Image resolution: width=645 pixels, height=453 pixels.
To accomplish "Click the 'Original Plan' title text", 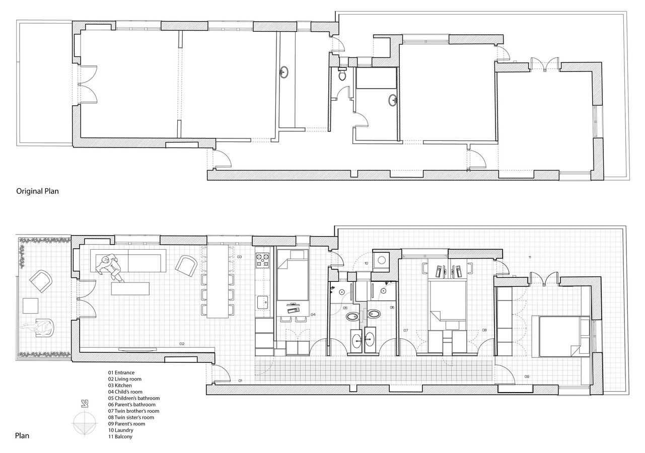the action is [37, 191].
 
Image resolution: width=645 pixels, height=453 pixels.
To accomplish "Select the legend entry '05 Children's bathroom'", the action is [134, 398].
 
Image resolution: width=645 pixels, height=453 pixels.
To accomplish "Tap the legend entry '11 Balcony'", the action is [120, 436].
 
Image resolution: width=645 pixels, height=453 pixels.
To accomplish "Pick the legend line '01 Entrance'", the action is [121, 372].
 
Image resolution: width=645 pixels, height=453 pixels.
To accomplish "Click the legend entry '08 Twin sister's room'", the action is [131, 417].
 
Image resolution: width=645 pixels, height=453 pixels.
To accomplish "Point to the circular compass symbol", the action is [84, 424].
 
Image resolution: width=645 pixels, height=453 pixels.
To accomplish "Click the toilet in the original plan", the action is [342, 74].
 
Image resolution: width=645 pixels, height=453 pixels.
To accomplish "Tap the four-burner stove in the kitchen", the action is [263, 260].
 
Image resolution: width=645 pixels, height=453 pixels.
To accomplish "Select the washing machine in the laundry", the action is [382, 260].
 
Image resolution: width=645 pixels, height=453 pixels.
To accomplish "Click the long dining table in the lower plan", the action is [218, 281].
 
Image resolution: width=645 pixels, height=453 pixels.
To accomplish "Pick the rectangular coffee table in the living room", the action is [130, 288].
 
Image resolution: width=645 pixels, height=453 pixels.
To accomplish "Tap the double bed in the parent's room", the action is [560, 336].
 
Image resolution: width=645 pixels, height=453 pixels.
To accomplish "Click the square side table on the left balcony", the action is [31, 306].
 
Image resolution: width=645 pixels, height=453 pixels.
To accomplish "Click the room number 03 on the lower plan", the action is [239, 257].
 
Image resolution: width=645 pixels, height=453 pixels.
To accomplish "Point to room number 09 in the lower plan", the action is [527, 376].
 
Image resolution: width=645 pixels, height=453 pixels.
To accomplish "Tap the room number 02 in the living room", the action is [182, 344].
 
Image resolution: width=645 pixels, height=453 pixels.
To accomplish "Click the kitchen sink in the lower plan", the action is [263, 302].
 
